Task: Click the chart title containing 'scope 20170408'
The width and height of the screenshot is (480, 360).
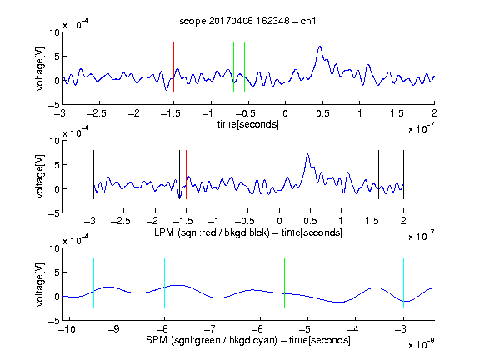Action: [x=247, y=21]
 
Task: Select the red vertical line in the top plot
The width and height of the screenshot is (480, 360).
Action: [x=173, y=67]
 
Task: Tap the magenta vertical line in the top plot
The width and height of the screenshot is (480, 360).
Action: [x=397, y=67]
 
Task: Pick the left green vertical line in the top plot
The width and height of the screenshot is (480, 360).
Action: [x=233, y=67]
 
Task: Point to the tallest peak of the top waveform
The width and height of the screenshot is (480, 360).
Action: [x=320, y=47]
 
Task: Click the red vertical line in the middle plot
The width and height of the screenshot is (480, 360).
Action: [x=186, y=174]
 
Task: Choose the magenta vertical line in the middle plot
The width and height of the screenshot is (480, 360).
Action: [x=372, y=174]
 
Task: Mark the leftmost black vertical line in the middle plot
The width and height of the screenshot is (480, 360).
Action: [x=93, y=174]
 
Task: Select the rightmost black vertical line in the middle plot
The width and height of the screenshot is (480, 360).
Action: [x=403, y=174]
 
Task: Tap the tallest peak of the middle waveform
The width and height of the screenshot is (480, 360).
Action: [x=307, y=154]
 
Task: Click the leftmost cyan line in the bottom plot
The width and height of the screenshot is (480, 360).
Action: [x=93, y=282]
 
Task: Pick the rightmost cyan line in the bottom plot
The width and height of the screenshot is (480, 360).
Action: [x=403, y=282]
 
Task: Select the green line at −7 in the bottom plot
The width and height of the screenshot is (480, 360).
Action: [x=212, y=282]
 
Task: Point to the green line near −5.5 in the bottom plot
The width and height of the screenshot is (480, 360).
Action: [x=284, y=282]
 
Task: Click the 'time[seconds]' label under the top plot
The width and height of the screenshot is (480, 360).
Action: [x=248, y=124]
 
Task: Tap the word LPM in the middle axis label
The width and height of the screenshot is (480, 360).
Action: [x=164, y=232]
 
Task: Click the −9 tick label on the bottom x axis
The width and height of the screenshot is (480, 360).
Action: [x=114, y=329]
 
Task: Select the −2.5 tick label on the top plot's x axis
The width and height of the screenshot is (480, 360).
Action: [x=97, y=113]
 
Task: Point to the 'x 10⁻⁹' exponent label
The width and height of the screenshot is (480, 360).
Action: [x=421, y=343]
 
